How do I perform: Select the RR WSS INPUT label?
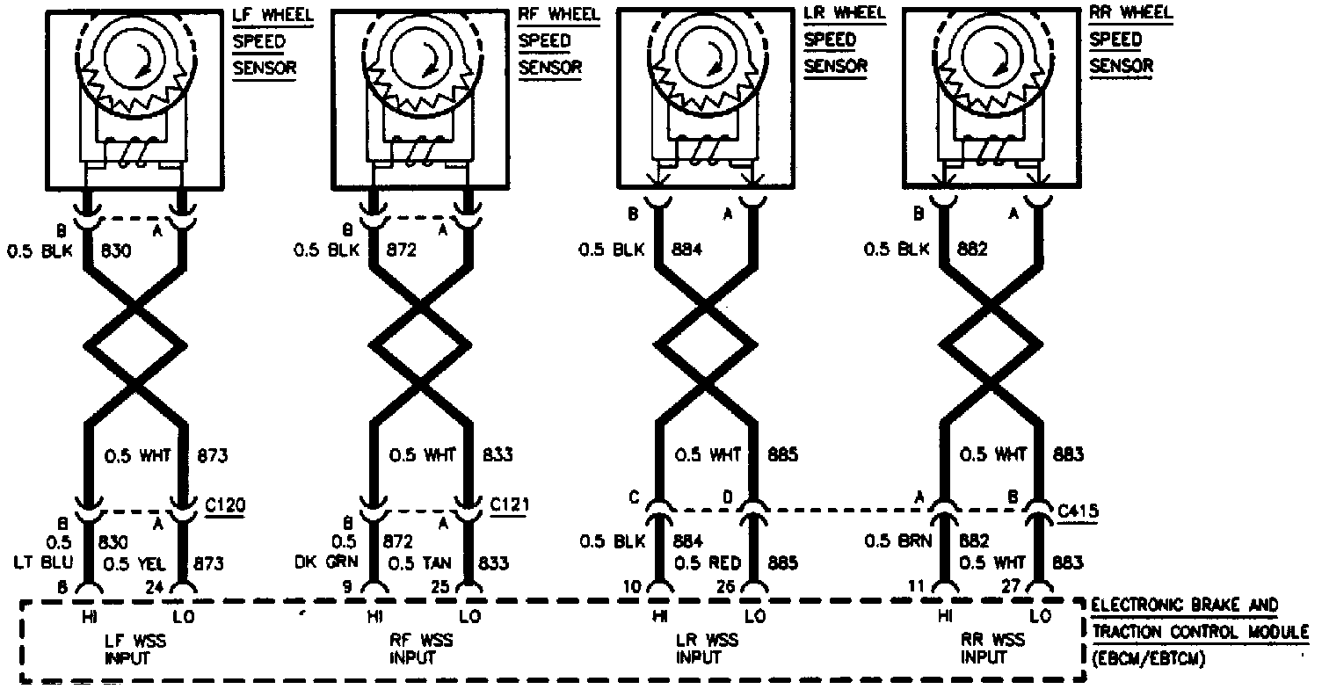(984, 649)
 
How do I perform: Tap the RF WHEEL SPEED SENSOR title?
(546, 41)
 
